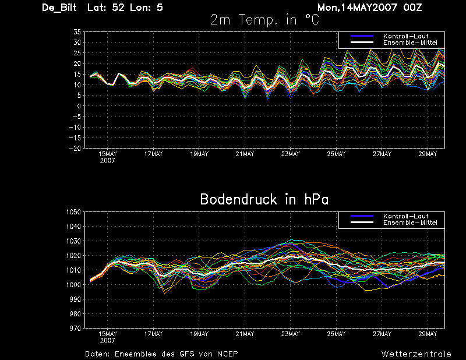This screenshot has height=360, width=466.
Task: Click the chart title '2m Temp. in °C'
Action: tap(265, 20)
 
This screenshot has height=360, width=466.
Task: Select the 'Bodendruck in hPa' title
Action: tap(264, 199)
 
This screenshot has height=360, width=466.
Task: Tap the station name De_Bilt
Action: tap(59, 8)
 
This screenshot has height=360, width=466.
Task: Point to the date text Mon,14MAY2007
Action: tap(357, 8)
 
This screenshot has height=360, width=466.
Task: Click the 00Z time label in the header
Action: tap(412, 8)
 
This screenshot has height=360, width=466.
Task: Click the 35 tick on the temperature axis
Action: tap(77, 32)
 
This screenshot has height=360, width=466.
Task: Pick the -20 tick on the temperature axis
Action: tap(75, 149)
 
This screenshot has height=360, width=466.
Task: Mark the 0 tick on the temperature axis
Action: tap(79, 106)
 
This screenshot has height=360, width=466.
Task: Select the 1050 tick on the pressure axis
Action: tap(74, 212)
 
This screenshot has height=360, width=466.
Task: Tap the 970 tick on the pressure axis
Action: tap(76, 329)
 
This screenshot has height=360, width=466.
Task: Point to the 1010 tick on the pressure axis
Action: tap(74, 270)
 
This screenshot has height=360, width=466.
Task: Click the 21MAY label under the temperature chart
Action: tap(245, 154)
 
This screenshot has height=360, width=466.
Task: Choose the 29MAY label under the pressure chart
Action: tap(428, 334)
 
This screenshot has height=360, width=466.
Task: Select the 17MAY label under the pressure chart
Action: tap(154, 334)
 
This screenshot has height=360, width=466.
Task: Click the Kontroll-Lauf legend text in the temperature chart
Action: tap(405, 36)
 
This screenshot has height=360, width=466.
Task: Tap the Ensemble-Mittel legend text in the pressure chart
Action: tap(410, 223)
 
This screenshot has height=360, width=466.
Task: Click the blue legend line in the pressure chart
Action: tap(362, 216)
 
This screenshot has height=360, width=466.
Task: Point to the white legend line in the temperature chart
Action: tap(362, 43)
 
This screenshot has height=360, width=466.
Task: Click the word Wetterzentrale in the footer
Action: tap(416, 354)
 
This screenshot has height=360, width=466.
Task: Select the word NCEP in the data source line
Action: tap(228, 354)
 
